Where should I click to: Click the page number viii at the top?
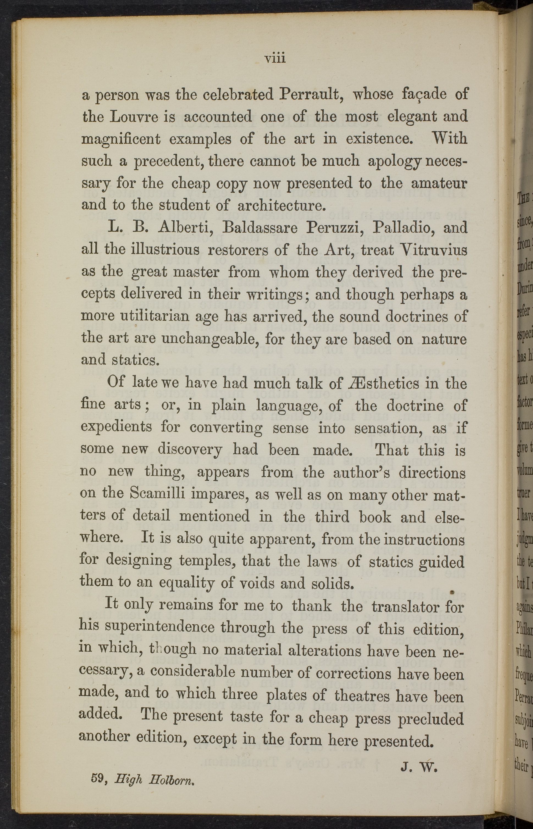click(275, 58)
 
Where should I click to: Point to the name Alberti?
click(187, 227)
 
